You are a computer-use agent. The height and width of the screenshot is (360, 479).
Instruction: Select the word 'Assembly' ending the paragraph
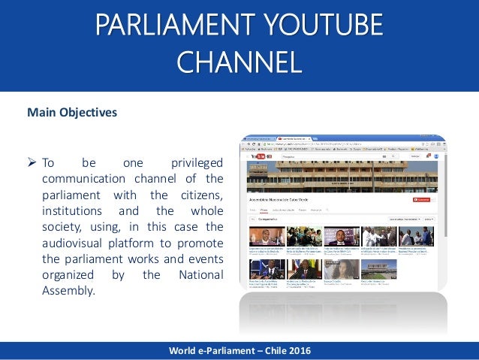click(x=69, y=289)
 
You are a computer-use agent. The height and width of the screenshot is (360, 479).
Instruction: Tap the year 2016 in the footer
click(x=297, y=351)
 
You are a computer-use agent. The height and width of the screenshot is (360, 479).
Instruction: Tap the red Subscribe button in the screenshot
click(x=424, y=200)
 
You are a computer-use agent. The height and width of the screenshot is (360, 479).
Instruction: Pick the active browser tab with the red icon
click(x=297, y=139)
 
